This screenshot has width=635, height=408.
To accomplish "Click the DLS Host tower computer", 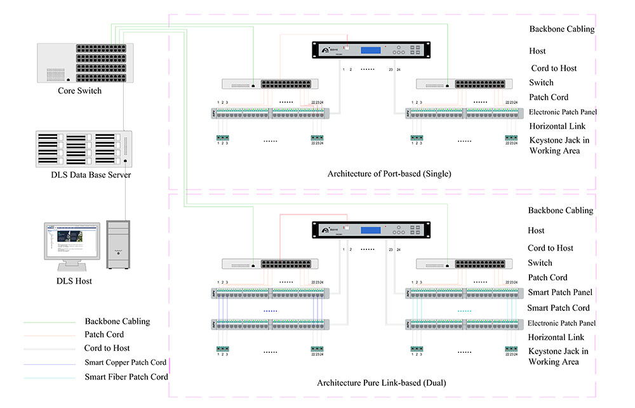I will (x=117, y=245).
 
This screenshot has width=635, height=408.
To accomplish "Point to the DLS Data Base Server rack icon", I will (x=84, y=148).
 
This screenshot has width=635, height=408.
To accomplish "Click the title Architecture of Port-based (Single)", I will (x=389, y=174).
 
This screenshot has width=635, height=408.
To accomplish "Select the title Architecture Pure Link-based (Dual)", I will (x=381, y=383).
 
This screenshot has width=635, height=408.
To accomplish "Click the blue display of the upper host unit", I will (x=373, y=51).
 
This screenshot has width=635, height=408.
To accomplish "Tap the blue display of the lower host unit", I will (x=373, y=230).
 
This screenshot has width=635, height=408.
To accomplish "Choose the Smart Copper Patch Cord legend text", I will (x=125, y=362).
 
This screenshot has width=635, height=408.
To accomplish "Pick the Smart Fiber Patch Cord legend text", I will (x=126, y=377).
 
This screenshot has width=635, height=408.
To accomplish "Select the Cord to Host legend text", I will (x=107, y=348).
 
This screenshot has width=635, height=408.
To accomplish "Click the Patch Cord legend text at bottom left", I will (x=104, y=334).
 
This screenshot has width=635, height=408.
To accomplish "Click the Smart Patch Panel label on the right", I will (x=560, y=293).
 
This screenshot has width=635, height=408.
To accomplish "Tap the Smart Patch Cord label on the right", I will (x=558, y=308).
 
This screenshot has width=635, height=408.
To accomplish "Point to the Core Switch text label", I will (x=79, y=91).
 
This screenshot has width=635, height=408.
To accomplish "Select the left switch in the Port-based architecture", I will (x=270, y=84).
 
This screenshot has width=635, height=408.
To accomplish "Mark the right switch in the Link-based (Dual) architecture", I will (x=464, y=263).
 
